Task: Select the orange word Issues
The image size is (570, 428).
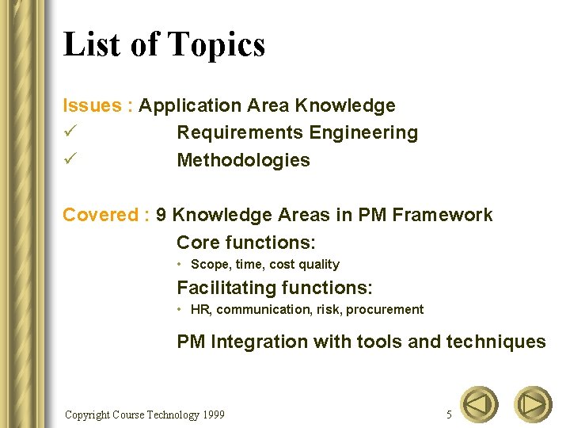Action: coord(92,105)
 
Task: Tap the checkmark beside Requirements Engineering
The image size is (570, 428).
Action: coord(70,132)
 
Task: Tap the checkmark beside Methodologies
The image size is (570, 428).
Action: coord(70,159)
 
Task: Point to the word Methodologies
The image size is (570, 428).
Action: coord(243,160)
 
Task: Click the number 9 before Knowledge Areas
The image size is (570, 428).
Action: coord(161,215)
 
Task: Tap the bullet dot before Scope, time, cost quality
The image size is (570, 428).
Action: coord(180,264)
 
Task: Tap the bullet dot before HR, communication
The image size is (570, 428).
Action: coord(180,309)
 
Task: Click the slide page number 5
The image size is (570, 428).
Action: coord(450,415)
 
